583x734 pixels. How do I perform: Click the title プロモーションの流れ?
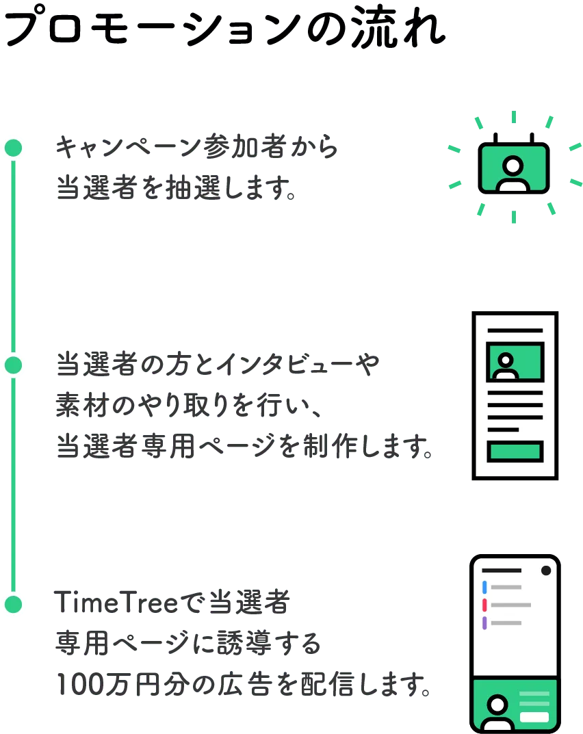pyautogui.click(x=222, y=27)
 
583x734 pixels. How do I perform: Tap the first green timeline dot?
pyautogui.click(x=13, y=147)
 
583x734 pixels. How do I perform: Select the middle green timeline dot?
pyautogui.click(x=13, y=365)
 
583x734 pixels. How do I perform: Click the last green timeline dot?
pyautogui.click(x=13, y=605)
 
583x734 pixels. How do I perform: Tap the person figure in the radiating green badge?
pyautogui.click(x=513, y=172)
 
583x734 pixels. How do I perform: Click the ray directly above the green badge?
pyautogui.click(x=514, y=117)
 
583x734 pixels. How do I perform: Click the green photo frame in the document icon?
pyautogui.click(x=515, y=362)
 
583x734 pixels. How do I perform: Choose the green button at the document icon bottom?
pyautogui.click(x=515, y=451)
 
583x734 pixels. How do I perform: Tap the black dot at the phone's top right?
pyautogui.click(x=546, y=571)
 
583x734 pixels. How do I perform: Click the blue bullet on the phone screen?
pyautogui.click(x=484, y=587)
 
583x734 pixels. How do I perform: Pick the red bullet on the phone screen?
pyautogui.click(x=484, y=605)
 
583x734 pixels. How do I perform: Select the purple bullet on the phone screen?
pyautogui.click(x=484, y=622)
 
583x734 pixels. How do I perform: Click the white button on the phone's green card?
pyautogui.click(x=534, y=718)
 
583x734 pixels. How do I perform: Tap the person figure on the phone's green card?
pyautogui.click(x=497, y=711)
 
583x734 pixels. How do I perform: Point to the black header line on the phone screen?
pyautogui.click(x=502, y=571)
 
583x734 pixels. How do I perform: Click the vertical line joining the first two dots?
pyautogui.click(x=13, y=257)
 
